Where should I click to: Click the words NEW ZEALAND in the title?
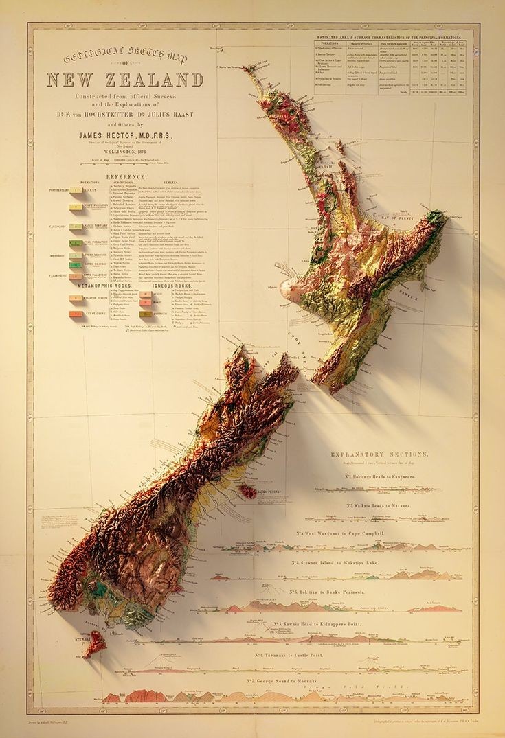(125, 80)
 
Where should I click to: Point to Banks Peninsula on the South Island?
(249, 492)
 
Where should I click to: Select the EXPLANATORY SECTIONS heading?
(379, 454)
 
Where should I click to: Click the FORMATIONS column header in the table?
(328, 44)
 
